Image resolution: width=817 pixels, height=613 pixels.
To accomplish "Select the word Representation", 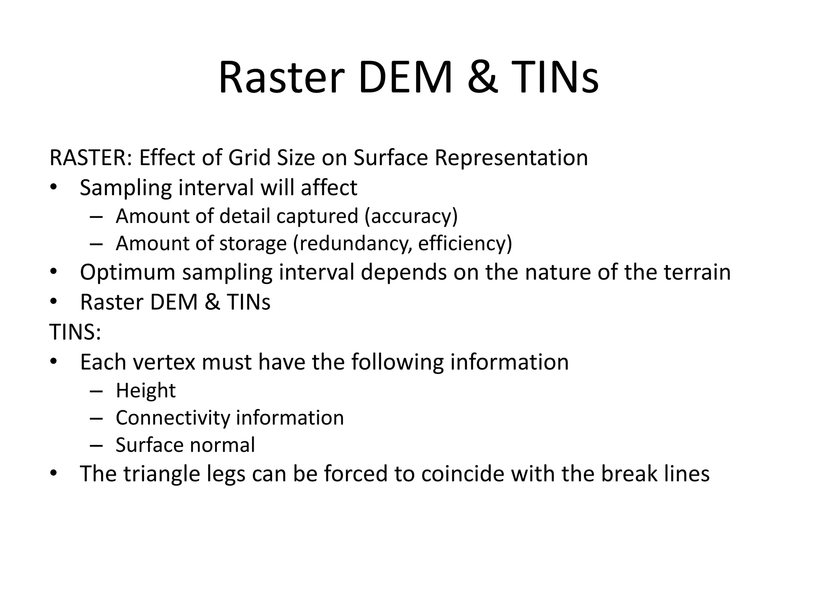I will [x=511, y=158].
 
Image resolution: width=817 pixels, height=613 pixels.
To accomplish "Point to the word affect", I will [x=329, y=188].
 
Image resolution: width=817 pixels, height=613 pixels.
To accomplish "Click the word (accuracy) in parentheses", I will [x=411, y=216].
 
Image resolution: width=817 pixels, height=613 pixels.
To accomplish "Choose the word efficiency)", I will [x=465, y=243].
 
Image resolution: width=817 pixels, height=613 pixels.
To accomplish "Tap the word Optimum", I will [x=128, y=273].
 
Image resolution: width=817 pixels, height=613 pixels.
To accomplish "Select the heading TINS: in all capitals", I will [x=75, y=332].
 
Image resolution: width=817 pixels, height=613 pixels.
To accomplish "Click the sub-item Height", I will [x=146, y=390].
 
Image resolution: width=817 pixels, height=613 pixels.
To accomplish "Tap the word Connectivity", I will [x=173, y=418].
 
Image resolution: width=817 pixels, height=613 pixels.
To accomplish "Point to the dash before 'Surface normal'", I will [x=96, y=445].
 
